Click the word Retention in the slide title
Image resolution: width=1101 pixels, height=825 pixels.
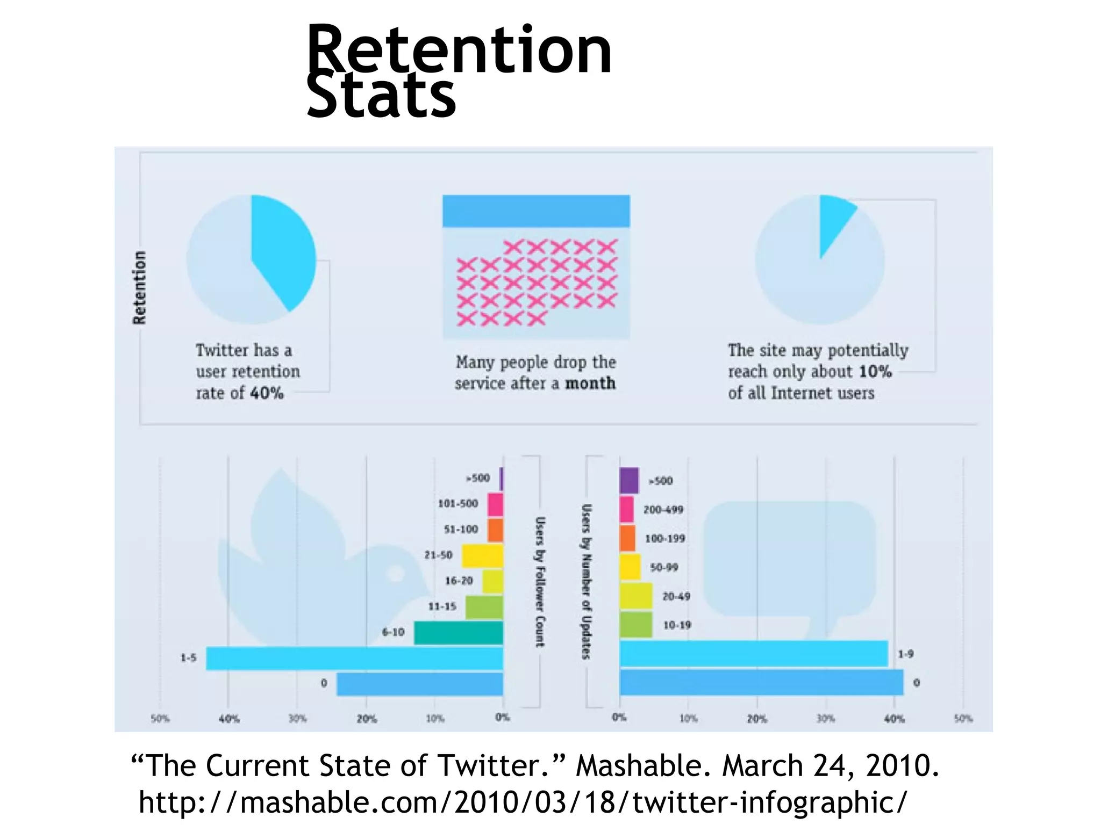[x=459, y=51]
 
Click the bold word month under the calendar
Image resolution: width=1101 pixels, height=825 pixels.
[x=590, y=383]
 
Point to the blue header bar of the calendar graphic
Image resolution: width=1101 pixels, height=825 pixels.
[x=536, y=211]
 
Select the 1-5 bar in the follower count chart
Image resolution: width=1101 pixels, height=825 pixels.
[x=355, y=658]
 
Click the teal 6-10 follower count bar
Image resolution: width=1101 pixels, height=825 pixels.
[x=458, y=633]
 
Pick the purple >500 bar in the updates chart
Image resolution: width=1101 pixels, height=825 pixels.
[x=629, y=481]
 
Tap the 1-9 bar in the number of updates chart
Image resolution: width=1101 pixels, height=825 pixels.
[x=753, y=654]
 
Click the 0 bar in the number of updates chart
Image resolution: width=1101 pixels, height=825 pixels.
[x=761, y=683]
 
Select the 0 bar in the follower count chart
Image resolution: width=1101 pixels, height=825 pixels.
[x=419, y=684]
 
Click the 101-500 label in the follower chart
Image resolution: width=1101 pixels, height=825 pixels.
[x=457, y=504]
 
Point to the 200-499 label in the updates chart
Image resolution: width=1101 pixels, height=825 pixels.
[x=663, y=510]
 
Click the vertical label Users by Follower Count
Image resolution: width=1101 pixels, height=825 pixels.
[x=540, y=582]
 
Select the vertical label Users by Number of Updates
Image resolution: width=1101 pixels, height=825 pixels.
[x=587, y=582]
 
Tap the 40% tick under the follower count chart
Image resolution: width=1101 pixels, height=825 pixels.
[x=228, y=719]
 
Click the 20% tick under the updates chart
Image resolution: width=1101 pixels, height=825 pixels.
[x=757, y=719]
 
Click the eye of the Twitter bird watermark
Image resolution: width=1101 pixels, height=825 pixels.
[x=397, y=573]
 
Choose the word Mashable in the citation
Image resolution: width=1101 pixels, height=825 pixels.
[x=639, y=765]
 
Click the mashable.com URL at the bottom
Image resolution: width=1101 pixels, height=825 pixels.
[x=523, y=802]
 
